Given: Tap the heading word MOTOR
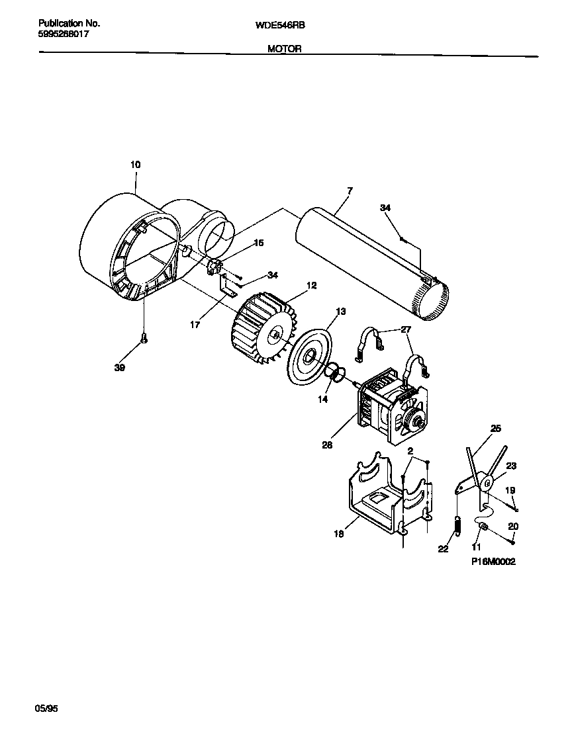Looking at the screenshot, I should pyautogui.click(x=285, y=48).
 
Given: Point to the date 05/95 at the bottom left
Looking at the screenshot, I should pyautogui.click(x=46, y=709).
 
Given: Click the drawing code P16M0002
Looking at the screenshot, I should pyautogui.click(x=493, y=561).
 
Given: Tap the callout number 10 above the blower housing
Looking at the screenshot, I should pyautogui.click(x=135, y=164).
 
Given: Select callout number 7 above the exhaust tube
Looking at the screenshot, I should pyautogui.click(x=349, y=191).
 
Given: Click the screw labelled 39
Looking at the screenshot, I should pyautogui.click(x=144, y=340).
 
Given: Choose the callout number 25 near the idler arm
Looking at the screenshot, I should pyautogui.click(x=495, y=429).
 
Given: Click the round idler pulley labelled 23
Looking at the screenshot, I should pyautogui.click(x=488, y=484).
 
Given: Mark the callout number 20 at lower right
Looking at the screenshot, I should pyautogui.click(x=512, y=527).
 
